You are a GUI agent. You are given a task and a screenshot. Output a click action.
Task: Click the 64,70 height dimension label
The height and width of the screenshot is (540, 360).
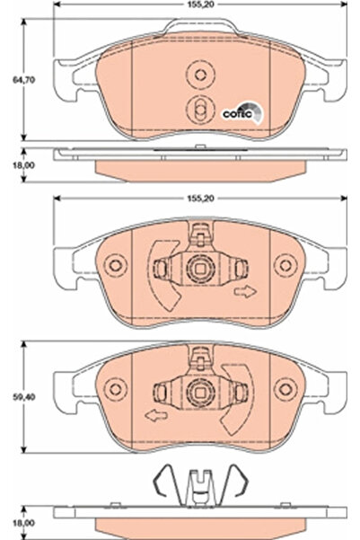(x=13, y=79)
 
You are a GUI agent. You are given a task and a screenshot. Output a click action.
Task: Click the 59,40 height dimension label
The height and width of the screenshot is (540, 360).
(x=13, y=393)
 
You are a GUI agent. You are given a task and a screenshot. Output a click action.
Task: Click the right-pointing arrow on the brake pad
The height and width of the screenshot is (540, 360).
(x=243, y=292)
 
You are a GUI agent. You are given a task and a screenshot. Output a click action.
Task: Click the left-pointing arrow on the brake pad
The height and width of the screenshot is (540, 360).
(x=154, y=415)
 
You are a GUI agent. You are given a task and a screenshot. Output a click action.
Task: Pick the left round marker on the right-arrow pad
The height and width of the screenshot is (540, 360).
(x=113, y=267)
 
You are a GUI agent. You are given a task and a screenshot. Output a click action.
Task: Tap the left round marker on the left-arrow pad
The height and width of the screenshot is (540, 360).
(x=113, y=390)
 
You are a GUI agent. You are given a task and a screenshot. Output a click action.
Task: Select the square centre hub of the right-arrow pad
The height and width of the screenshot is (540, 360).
(x=199, y=268)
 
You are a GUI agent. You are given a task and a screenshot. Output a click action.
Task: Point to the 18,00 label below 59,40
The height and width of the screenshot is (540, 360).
(x=13, y=519)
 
